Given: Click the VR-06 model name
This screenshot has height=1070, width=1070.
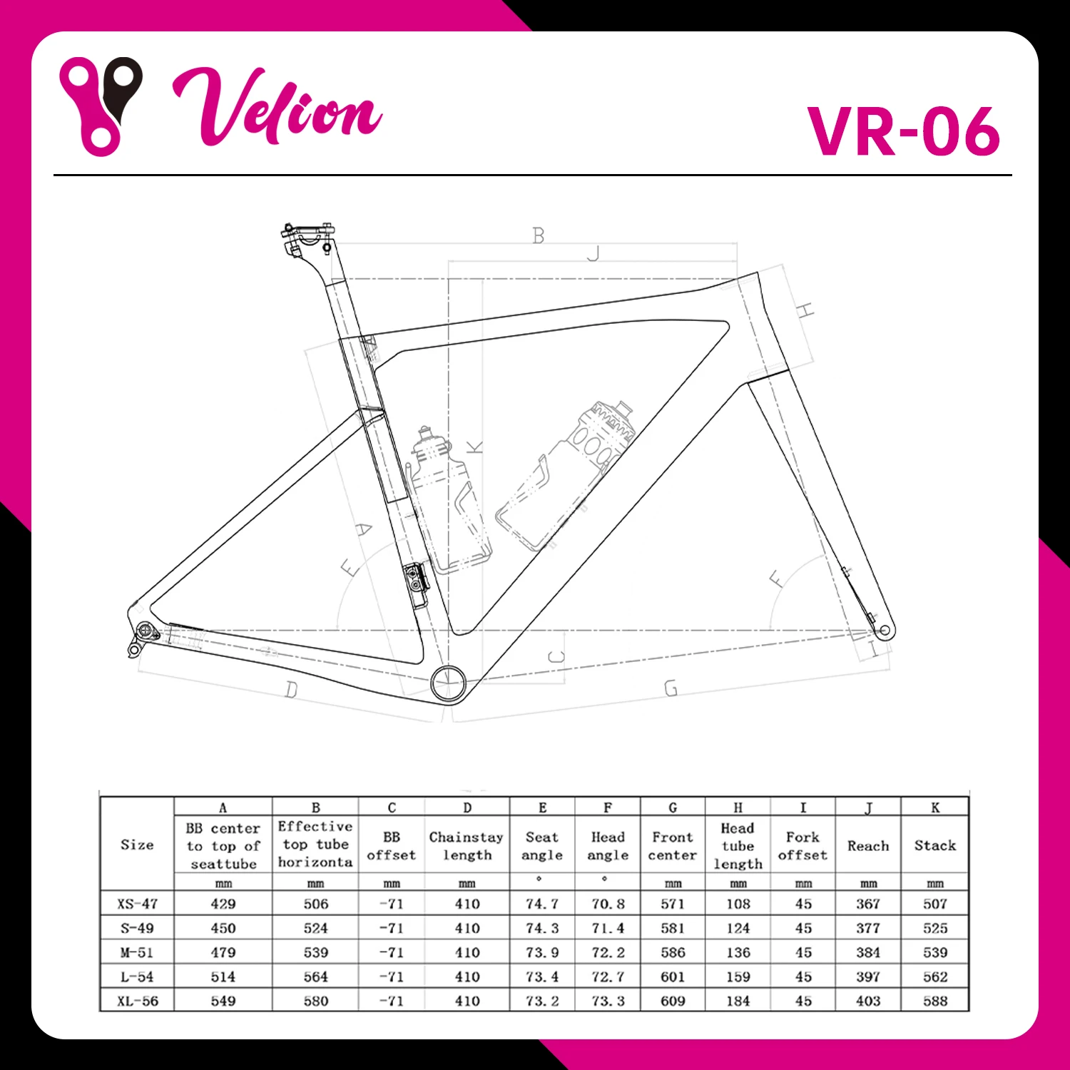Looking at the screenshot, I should (903, 131).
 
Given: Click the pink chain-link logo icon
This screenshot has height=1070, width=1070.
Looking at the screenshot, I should (100, 106).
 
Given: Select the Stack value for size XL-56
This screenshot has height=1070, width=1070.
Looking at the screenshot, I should (934, 1001).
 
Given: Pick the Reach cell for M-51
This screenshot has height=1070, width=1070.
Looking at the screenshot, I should (868, 952).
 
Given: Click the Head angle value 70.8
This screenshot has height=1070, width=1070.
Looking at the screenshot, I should (608, 904).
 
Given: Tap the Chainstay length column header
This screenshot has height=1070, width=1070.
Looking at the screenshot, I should (467, 846).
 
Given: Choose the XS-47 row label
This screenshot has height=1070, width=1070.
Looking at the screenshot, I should (137, 904).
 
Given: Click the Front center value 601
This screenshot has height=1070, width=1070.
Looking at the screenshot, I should (673, 977).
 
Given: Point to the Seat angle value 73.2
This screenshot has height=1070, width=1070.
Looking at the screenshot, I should (542, 1001).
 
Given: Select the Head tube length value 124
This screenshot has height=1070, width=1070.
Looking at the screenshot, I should (738, 928).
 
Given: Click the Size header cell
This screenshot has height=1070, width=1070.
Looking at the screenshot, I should (137, 845).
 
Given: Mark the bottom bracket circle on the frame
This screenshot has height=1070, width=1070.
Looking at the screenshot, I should (449, 683).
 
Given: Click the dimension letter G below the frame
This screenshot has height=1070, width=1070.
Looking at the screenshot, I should (671, 688).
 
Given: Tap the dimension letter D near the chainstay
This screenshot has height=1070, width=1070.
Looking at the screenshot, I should (291, 690).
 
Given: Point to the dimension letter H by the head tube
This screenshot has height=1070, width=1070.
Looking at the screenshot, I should (805, 310).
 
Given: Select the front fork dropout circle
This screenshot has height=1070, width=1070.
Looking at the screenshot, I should (885, 631).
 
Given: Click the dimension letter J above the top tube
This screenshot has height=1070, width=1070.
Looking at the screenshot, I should (593, 253).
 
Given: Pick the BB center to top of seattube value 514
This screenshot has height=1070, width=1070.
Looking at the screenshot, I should (223, 977).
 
